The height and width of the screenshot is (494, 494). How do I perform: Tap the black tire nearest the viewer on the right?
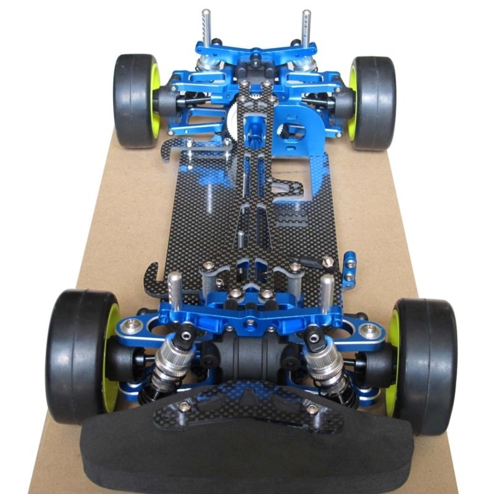point(426,364)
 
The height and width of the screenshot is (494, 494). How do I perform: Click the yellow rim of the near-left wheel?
point(111,358)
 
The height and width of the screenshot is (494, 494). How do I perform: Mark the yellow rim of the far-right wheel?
point(353,102)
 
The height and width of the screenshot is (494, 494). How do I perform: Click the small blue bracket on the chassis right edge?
point(350,262)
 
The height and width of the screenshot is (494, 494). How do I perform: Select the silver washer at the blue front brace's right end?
point(371,331)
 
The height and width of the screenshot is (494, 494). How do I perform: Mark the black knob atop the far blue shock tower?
point(255,60)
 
